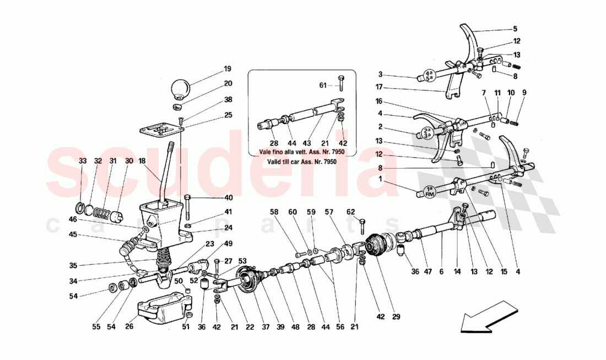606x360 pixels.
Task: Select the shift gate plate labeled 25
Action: point(160,130)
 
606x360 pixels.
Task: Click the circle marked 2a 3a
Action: point(428,132)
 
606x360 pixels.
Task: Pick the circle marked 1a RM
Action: point(430,191)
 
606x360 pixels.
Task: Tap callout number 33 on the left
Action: point(83,161)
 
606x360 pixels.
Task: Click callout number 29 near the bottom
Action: point(396,317)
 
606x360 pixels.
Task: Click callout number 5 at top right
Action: point(515,29)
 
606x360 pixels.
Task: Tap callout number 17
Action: point(378,87)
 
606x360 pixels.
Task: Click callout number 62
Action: point(351,211)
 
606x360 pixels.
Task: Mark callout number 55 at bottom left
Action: point(96,327)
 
